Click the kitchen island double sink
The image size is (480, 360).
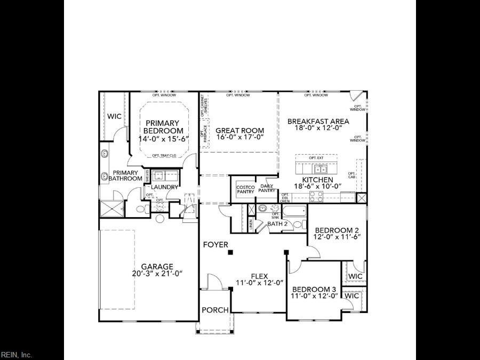[x=321, y=170]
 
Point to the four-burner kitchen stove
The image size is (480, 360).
[x=315, y=195]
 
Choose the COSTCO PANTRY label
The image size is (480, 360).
[x=245, y=189]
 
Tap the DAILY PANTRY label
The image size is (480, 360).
[x=267, y=188]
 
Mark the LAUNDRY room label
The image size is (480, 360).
[x=164, y=187]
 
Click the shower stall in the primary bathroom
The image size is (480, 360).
[x=111, y=209]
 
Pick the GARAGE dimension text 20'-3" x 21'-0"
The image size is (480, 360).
[x=157, y=274]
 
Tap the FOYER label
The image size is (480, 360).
[x=215, y=245]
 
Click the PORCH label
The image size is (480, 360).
[x=215, y=310]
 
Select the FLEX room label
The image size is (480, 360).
[x=259, y=276]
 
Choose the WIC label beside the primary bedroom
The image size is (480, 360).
[x=115, y=116]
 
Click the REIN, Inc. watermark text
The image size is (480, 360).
[x=17, y=355]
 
